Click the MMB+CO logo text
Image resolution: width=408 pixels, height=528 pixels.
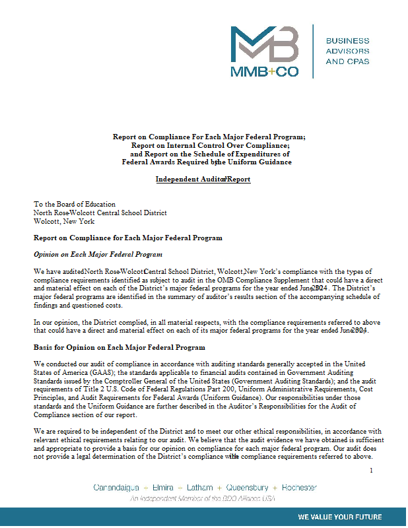click(265, 72)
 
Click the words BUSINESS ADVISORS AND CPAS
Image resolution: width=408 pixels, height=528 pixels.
click(348, 51)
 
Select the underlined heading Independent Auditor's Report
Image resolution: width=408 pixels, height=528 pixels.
click(203, 179)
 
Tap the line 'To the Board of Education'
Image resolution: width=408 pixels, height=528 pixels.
click(75, 205)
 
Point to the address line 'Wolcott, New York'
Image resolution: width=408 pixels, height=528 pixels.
click(64, 222)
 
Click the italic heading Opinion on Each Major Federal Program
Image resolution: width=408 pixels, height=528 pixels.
click(98, 254)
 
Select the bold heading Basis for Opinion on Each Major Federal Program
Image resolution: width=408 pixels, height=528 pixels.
click(119, 347)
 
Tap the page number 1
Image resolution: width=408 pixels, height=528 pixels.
click(371, 470)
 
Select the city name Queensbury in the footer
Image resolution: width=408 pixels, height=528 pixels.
click(248, 488)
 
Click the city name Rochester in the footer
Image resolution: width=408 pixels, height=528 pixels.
click(299, 488)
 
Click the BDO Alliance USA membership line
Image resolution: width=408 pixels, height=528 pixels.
click(203, 498)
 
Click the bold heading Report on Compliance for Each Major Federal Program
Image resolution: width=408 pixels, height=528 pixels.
click(127, 238)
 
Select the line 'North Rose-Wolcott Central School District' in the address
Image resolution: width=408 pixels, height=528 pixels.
click(100, 213)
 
